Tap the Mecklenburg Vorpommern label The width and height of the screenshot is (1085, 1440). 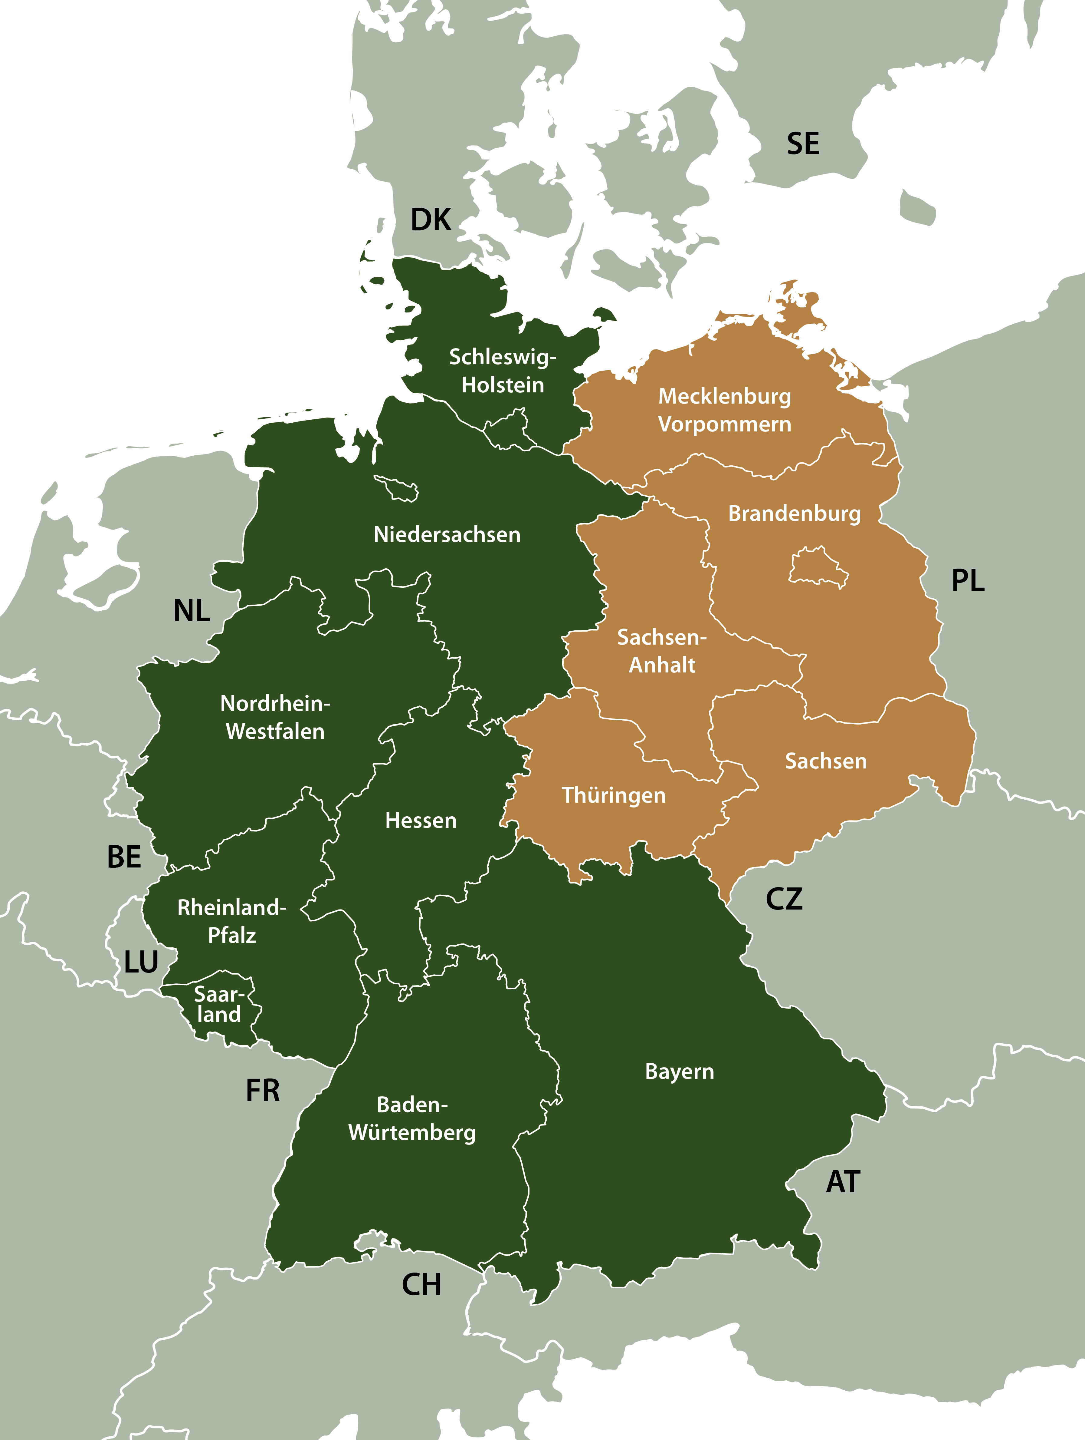pyautogui.click(x=725, y=410)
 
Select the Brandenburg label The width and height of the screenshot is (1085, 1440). pyautogui.click(x=794, y=514)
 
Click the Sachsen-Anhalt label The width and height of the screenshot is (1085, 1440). pyautogui.click(x=661, y=651)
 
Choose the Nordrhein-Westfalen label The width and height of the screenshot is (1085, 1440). pyautogui.click(x=275, y=717)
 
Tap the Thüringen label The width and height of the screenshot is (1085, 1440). pyautogui.click(x=613, y=795)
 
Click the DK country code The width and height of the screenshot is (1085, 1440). pyautogui.click(x=431, y=220)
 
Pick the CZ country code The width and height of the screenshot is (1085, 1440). pyautogui.click(x=784, y=899)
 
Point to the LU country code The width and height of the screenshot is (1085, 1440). pyautogui.click(x=141, y=962)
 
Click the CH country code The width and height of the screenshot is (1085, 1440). pyautogui.click(x=421, y=1284)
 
